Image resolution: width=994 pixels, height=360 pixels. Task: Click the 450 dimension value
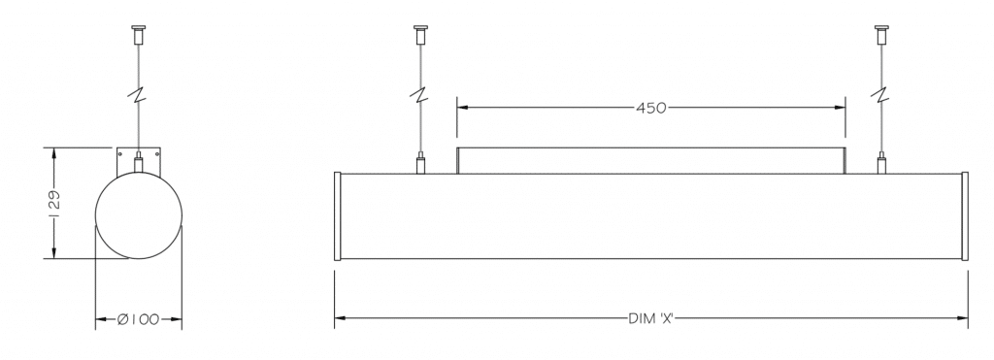coord(651,109)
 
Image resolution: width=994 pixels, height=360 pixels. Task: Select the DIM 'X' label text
coord(650,318)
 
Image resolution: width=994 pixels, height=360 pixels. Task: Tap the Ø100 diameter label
coord(138,319)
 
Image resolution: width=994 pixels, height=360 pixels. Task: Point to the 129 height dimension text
coord(54,204)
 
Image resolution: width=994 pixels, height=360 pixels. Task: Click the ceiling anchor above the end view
coord(138,34)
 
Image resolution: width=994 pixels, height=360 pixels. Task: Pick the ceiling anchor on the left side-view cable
coord(420,34)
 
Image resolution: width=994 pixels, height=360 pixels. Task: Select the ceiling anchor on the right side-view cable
coord(881,34)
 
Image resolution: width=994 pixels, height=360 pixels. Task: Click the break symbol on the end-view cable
coord(138,95)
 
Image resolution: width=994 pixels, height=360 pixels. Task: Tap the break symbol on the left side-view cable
coord(420,95)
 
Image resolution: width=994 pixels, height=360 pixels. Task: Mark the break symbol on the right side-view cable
coord(881,95)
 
